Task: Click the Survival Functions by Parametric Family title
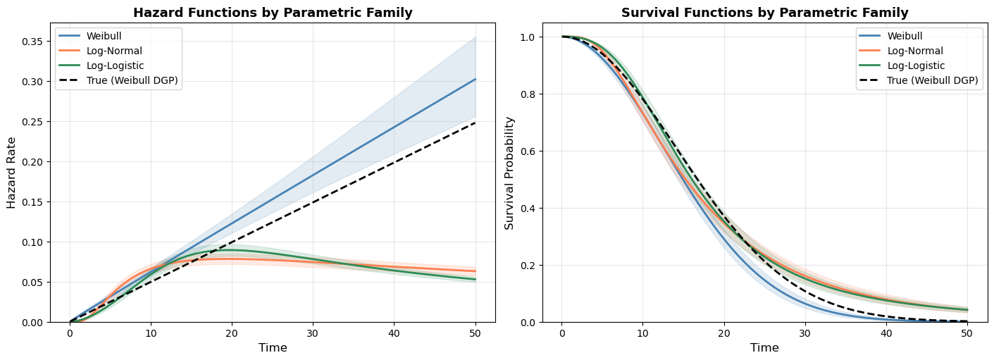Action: pos(764,13)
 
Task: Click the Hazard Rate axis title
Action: pos(11,173)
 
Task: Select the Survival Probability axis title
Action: pos(509,173)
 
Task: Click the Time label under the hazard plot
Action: pos(272,348)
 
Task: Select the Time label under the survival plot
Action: pos(764,348)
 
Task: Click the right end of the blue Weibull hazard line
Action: pos(476,79)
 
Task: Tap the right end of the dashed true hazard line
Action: pos(476,123)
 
